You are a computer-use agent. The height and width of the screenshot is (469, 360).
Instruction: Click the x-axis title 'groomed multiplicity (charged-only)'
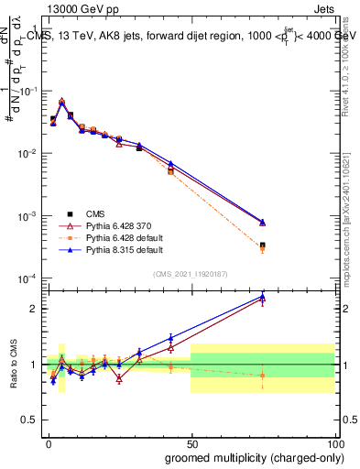(241, 456)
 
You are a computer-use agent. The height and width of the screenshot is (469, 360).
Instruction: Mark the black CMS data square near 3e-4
(263, 245)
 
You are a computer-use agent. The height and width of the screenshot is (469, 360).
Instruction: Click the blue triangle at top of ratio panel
(263, 296)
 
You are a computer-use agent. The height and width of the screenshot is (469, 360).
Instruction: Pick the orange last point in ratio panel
(263, 376)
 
